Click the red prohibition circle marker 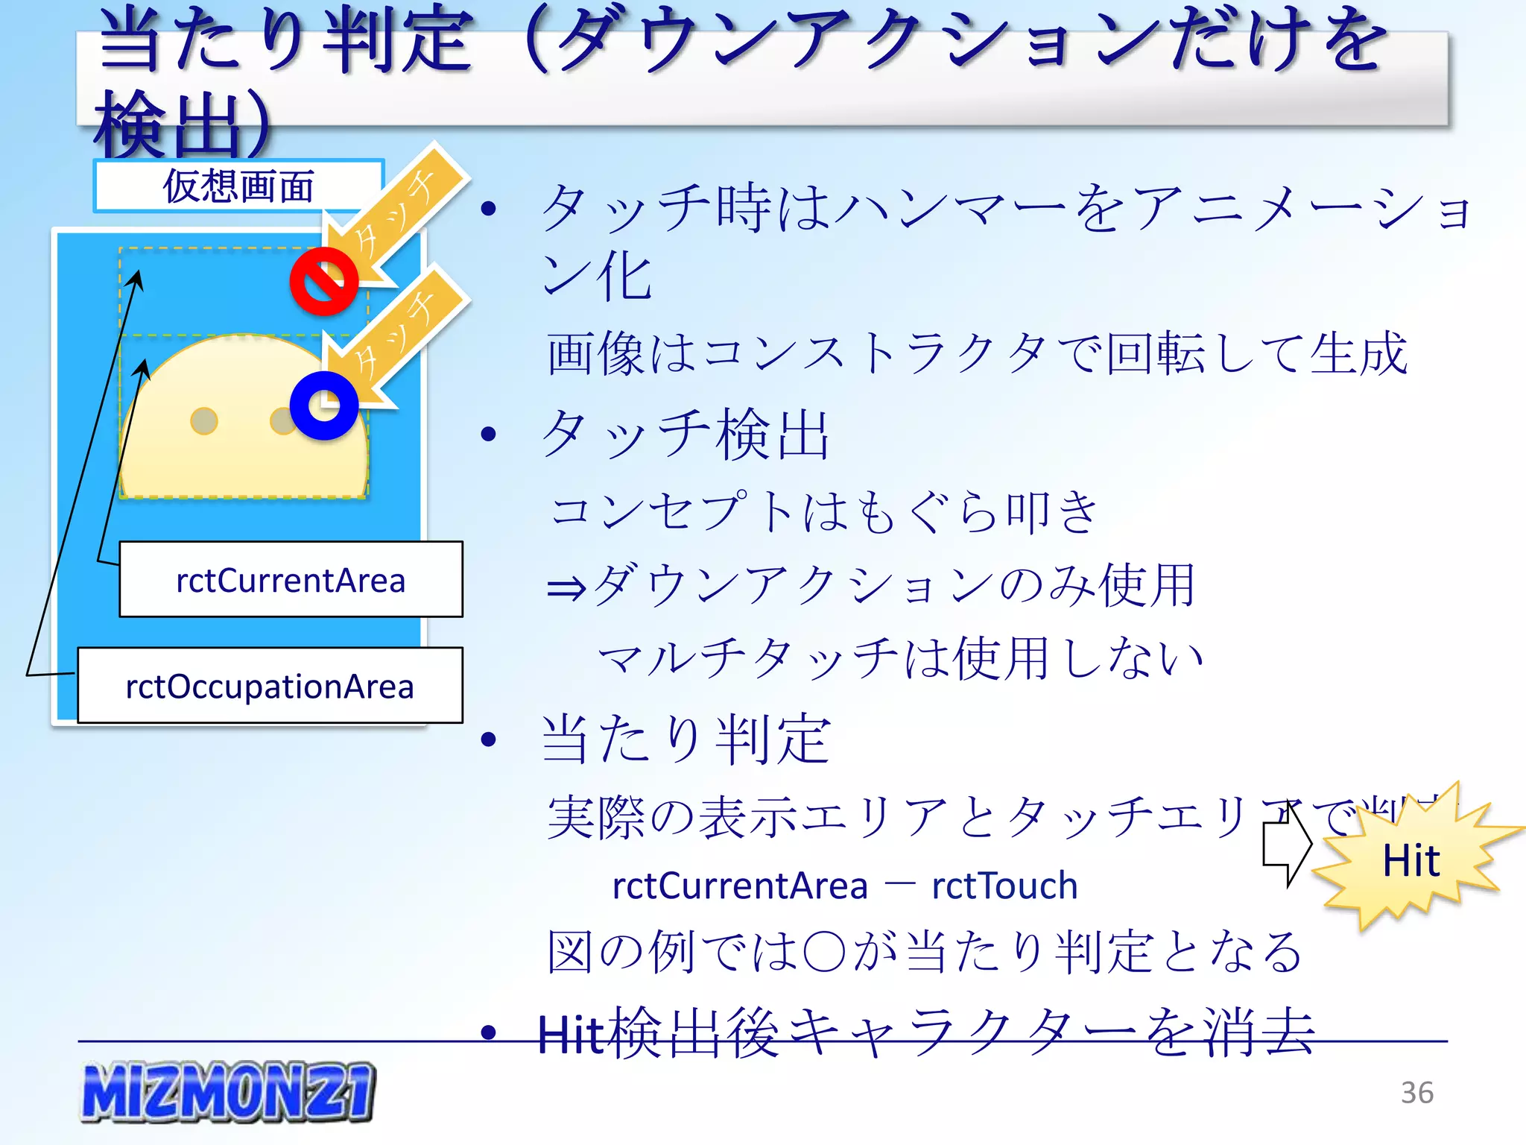pyautogui.click(x=323, y=282)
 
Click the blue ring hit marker pyautogui.click(x=324, y=406)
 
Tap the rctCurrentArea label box pyautogui.click(x=291, y=580)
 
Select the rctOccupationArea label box pyautogui.click(x=270, y=686)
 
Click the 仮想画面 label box pyautogui.click(x=238, y=186)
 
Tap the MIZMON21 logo pyautogui.click(x=228, y=1091)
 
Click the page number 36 pyautogui.click(x=1416, y=1093)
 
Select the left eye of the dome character pyautogui.click(x=203, y=420)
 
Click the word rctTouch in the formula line pyautogui.click(x=1004, y=886)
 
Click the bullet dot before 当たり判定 pyautogui.click(x=489, y=739)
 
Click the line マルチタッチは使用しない pyautogui.click(x=900, y=659)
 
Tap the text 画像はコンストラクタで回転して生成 pyautogui.click(x=976, y=353)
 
